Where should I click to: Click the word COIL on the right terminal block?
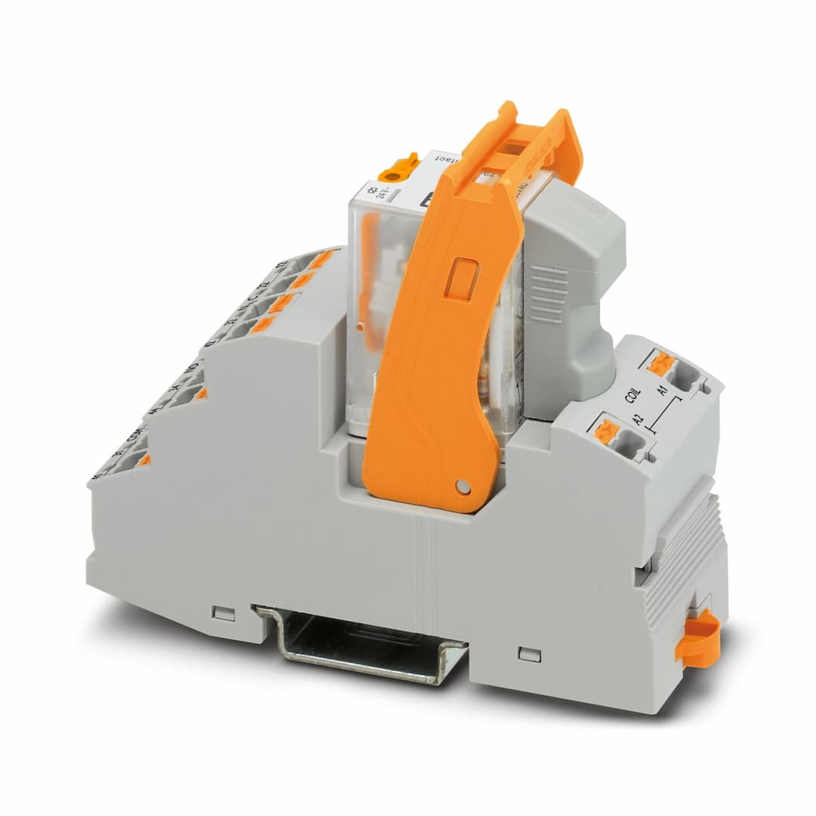(633, 398)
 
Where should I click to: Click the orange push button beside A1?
(660, 363)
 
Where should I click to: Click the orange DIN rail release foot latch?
(697, 638)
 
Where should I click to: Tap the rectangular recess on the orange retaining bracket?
(462, 279)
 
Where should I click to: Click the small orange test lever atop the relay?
(399, 166)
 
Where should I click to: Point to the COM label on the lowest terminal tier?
(136, 439)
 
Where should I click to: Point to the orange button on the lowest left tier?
(144, 459)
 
